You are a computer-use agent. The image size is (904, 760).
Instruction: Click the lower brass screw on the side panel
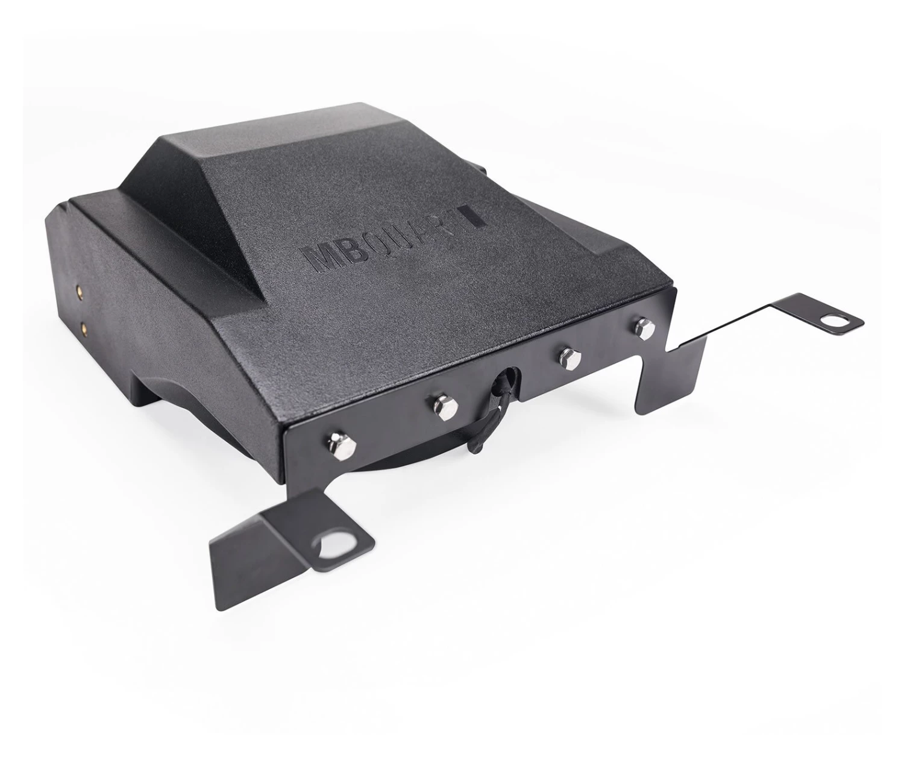tap(84, 328)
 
